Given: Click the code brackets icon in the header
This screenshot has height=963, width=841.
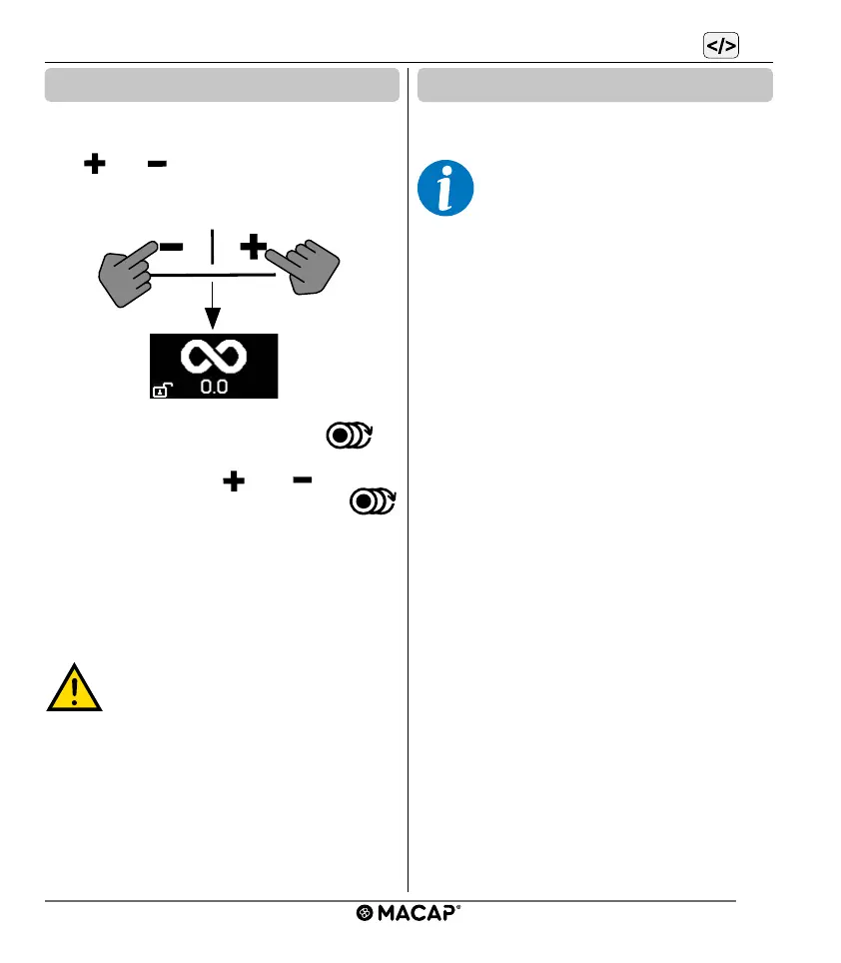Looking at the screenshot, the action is pos(720,46).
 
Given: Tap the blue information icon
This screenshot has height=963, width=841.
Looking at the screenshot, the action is pos(444,188).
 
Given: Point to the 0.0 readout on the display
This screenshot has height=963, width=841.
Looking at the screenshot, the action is pos(213,387).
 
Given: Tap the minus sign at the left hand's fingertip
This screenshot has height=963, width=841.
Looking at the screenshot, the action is pos(172,247).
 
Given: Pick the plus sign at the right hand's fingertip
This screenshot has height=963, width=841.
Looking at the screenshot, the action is pos(253,246).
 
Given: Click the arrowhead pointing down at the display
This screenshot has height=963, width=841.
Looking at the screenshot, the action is pos(213,319).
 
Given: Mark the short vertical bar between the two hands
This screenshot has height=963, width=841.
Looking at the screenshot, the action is pos(213,246).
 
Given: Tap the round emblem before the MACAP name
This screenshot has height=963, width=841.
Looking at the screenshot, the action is pos(365,913).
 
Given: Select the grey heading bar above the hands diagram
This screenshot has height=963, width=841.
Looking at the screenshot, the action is pos(221,85).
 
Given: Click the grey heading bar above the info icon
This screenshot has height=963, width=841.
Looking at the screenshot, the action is pos(595,85).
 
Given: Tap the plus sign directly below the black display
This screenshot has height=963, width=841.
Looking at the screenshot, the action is pos(233,481).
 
